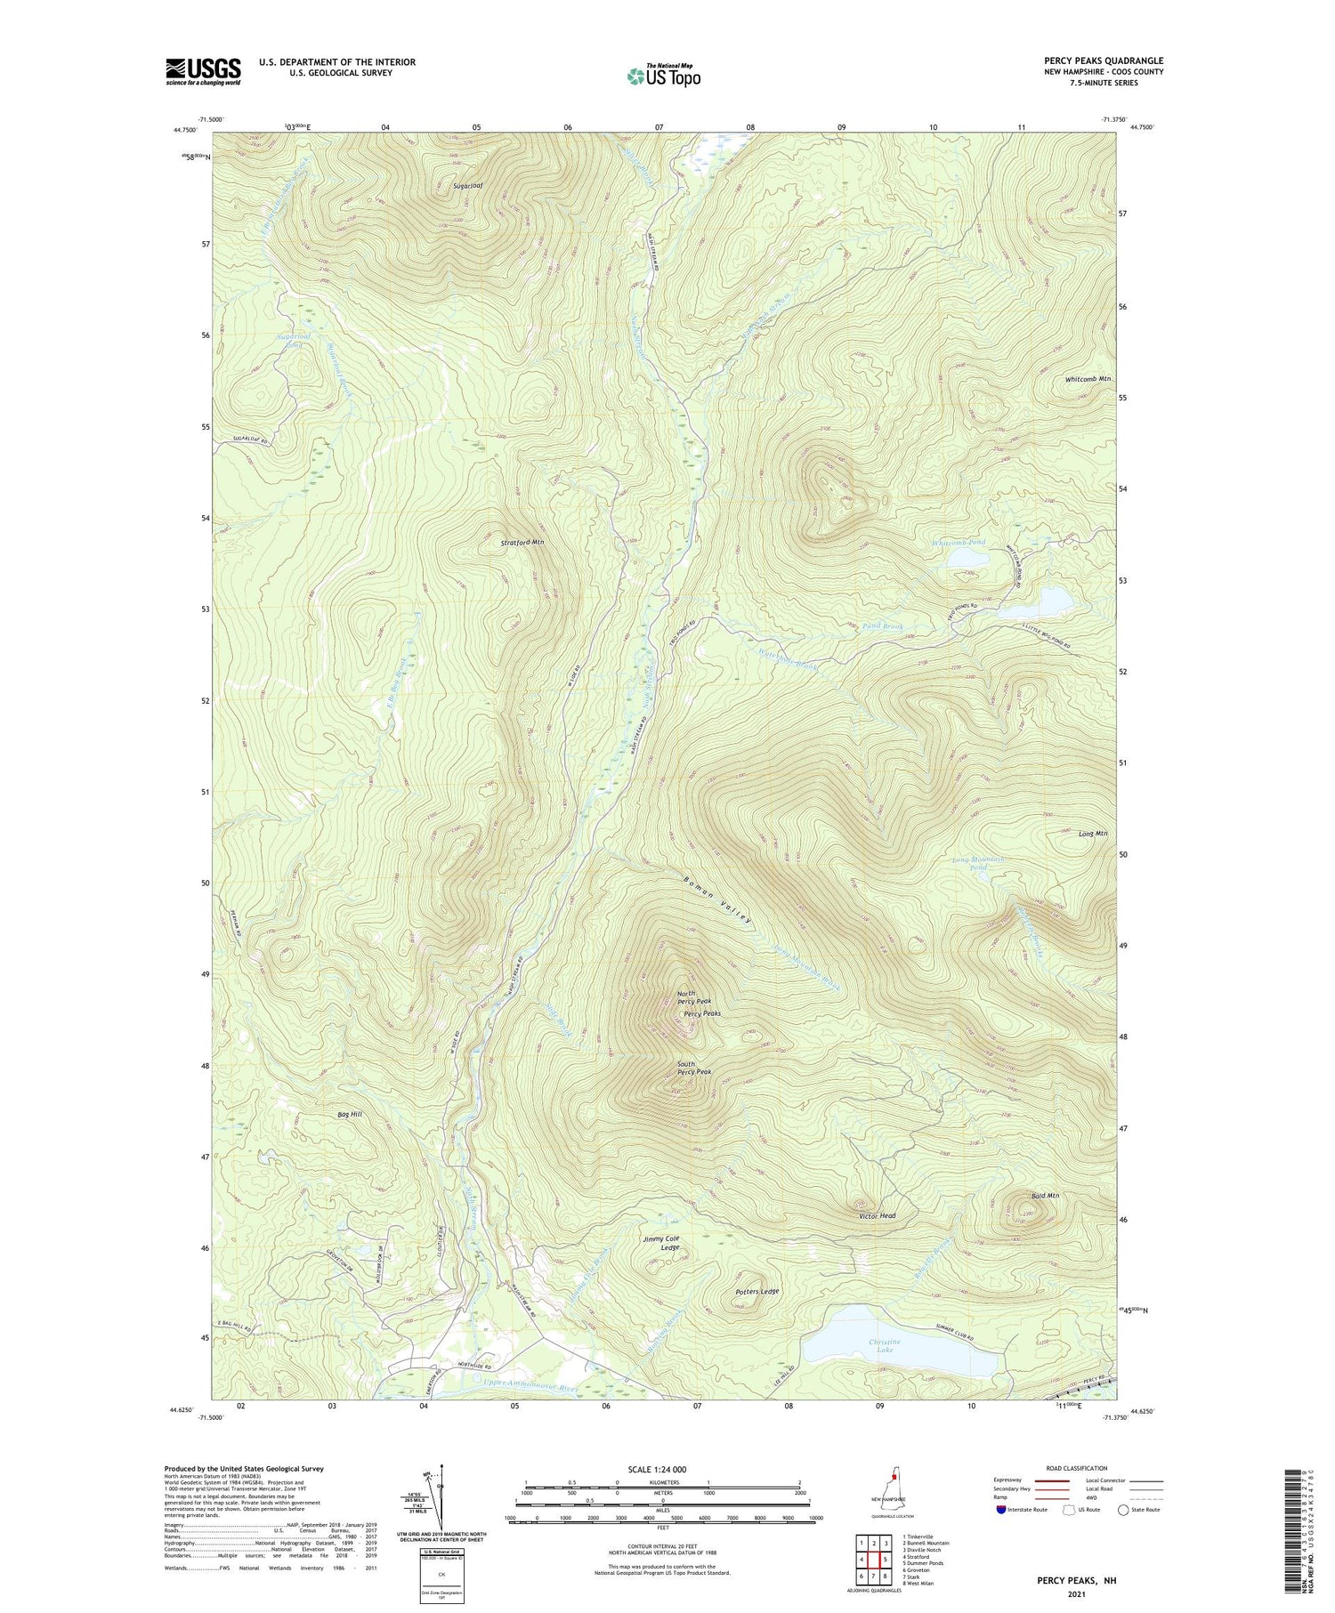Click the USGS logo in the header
pyautogui.click(x=203, y=71)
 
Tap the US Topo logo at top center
pyautogui.click(x=663, y=77)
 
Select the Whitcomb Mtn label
pyautogui.click(x=1088, y=379)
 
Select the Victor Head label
pyautogui.click(x=877, y=1216)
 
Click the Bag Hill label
pyautogui.click(x=350, y=1114)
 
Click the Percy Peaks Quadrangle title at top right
pyautogui.click(x=1104, y=60)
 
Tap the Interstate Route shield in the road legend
pyautogui.click(x=1002, y=1510)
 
